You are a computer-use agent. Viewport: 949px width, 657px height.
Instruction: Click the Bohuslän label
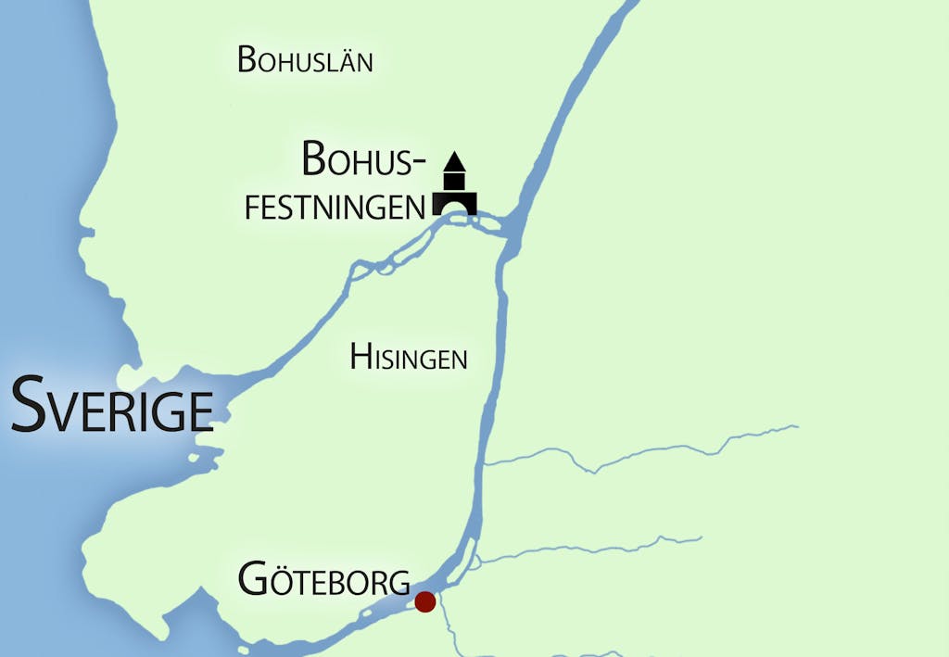click(305, 60)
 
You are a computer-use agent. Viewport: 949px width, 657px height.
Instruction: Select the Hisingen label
click(408, 357)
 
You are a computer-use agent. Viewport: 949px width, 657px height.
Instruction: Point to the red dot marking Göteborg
click(425, 601)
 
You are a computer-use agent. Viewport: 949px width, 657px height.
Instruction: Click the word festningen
click(335, 207)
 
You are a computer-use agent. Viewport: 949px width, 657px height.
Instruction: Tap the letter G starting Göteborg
click(254, 580)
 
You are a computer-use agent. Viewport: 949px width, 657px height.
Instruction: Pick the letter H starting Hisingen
click(361, 357)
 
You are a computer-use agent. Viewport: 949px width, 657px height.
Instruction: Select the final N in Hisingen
click(458, 359)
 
